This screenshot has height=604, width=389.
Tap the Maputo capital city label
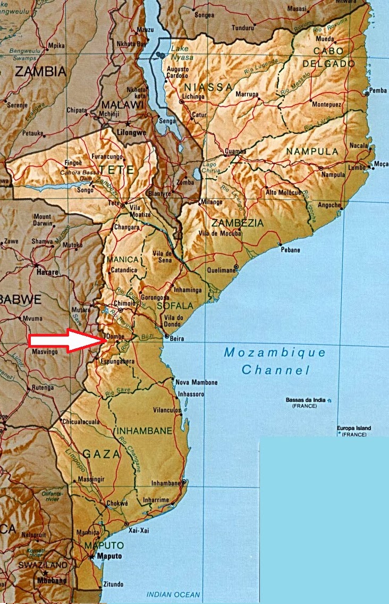(109, 556)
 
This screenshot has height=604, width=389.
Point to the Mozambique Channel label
(275, 360)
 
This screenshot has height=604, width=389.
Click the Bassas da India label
(308, 400)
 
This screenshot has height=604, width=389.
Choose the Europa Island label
(354, 428)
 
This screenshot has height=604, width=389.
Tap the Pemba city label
(378, 91)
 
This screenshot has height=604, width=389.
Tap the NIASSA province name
(208, 87)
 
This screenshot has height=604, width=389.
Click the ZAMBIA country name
(40, 71)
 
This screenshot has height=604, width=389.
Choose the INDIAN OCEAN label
(173, 595)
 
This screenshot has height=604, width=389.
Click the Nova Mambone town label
(197, 382)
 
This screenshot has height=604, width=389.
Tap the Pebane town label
(290, 250)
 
